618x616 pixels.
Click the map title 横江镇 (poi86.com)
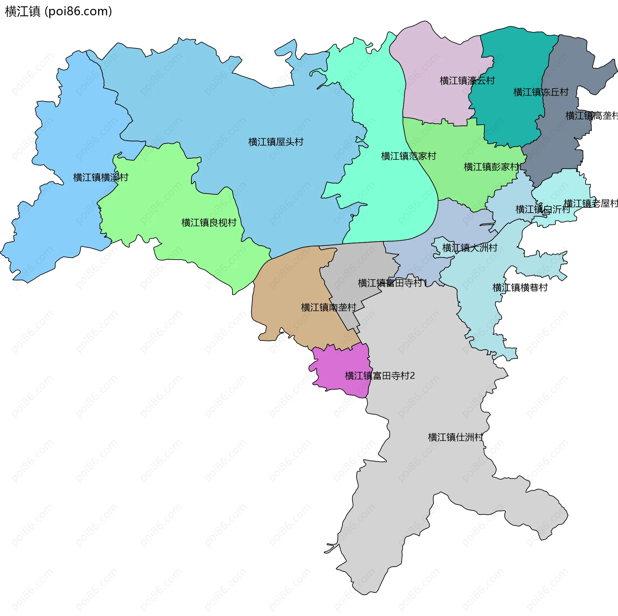pyautogui.click(x=59, y=12)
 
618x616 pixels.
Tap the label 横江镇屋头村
pyautogui.click(x=276, y=142)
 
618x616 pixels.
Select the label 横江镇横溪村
pyautogui.click(x=101, y=177)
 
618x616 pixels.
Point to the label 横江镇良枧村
pyautogui.click(x=209, y=223)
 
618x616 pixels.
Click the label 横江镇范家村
pyautogui.click(x=408, y=156)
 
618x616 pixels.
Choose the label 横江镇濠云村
pyautogui.click(x=467, y=81)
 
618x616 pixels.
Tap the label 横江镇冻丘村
pyautogui.click(x=541, y=92)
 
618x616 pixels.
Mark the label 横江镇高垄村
pyautogui.click(x=592, y=115)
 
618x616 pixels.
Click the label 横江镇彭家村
pyautogui.click(x=491, y=167)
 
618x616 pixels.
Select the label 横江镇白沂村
pyautogui.click(x=543, y=209)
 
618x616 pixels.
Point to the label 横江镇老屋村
pyautogui.click(x=591, y=203)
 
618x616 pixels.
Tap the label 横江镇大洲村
pyautogui.click(x=470, y=248)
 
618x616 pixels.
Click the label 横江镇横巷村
pyautogui.click(x=520, y=287)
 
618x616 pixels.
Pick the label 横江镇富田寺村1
pyautogui.click(x=392, y=283)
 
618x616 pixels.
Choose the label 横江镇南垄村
pyautogui.click(x=328, y=307)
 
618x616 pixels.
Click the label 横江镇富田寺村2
pyautogui.click(x=379, y=376)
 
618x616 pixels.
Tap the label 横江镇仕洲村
pyautogui.click(x=455, y=437)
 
